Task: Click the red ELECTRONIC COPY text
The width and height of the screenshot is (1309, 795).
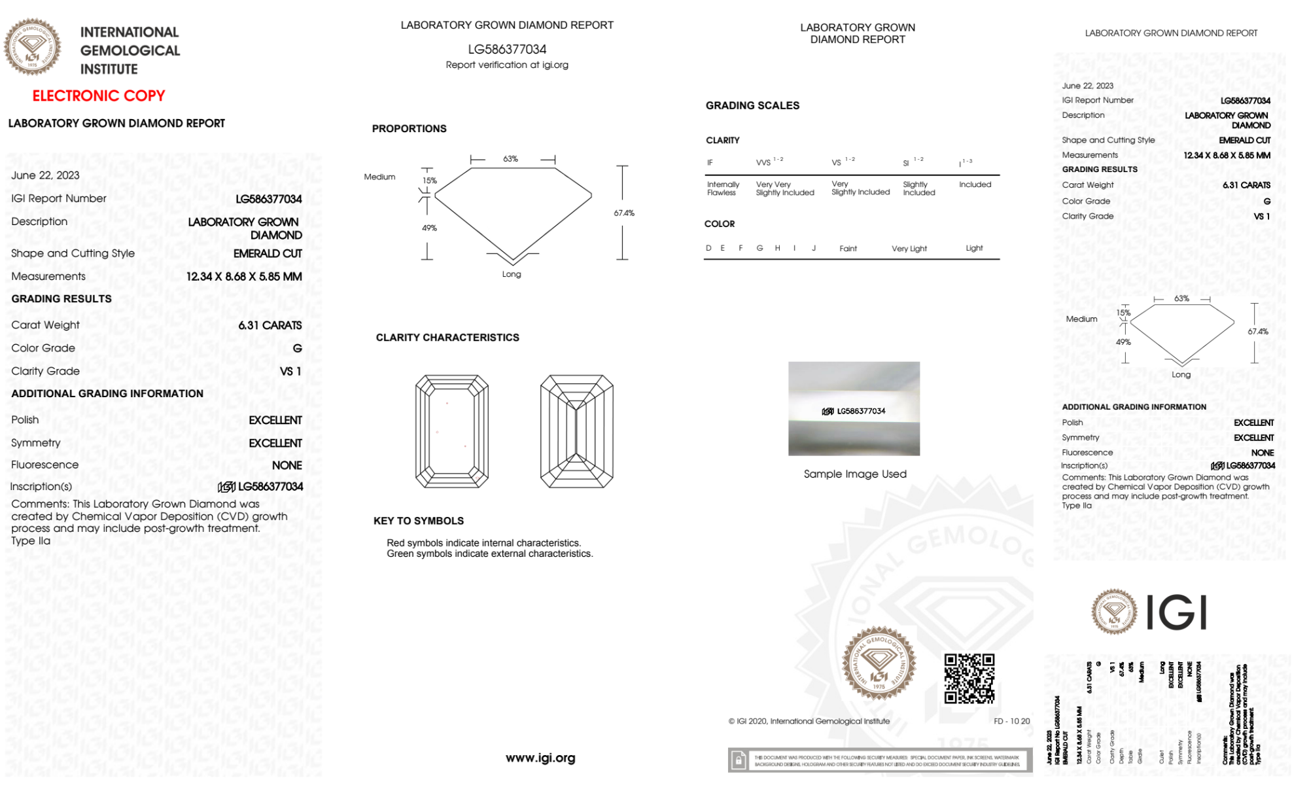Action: (99, 96)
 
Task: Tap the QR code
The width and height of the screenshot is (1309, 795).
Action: (969, 679)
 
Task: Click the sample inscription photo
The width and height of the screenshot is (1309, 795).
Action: (854, 408)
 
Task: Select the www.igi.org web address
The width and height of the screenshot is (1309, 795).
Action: (540, 758)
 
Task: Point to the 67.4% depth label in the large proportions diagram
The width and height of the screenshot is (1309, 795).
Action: (624, 213)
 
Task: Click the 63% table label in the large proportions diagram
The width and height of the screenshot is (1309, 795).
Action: (510, 159)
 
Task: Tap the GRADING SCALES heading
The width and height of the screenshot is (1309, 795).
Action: (752, 105)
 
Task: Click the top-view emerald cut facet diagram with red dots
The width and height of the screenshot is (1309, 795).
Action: (452, 431)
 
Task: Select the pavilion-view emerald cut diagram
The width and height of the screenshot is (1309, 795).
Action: (576, 431)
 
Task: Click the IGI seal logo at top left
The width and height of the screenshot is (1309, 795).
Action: (32, 47)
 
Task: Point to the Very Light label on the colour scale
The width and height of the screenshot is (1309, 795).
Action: (909, 249)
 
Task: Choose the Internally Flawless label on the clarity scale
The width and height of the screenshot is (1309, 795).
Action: (723, 188)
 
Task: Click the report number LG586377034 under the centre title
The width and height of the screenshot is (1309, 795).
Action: (507, 49)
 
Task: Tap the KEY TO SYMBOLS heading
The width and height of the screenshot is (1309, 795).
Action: (419, 521)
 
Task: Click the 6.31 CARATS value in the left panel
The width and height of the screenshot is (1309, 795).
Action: (270, 325)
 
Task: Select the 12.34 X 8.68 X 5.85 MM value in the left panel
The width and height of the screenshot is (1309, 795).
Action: (244, 277)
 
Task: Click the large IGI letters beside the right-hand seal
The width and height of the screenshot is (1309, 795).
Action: (1177, 612)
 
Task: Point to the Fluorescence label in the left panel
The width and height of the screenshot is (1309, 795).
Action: (44, 465)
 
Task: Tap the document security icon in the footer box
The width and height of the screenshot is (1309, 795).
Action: (739, 760)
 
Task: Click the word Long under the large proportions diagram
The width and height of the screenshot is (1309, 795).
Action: (512, 274)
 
